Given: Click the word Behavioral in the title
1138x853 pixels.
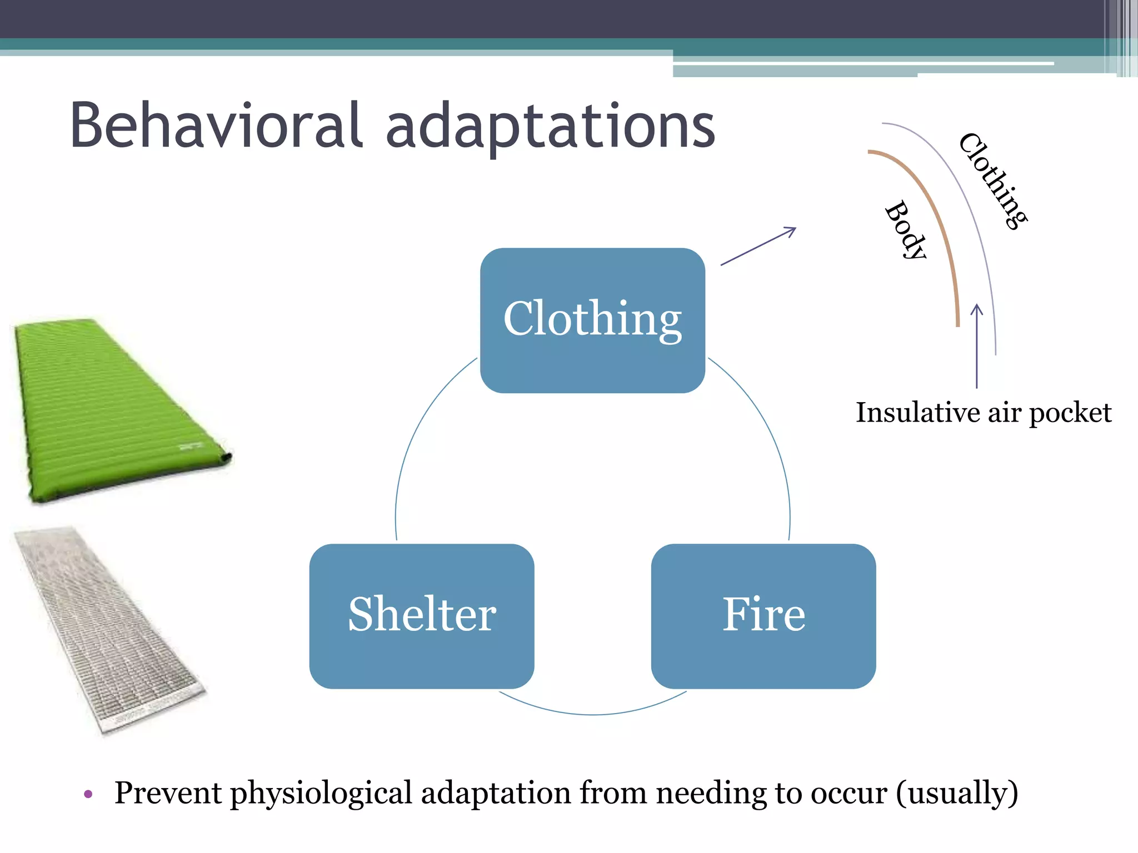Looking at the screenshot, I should [x=217, y=127].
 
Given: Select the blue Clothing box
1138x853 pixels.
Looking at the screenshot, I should [x=592, y=320].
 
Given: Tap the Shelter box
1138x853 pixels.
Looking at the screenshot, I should [x=422, y=616].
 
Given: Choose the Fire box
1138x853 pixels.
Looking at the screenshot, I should [x=763, y=616].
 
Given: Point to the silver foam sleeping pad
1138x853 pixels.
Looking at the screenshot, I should [x=106, y=628].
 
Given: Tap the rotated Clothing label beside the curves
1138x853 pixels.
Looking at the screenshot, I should [x=994, y=180].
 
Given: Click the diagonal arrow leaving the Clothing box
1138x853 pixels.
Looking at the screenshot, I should [x=758, y=246].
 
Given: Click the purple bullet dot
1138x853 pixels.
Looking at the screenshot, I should [x=88, y=794].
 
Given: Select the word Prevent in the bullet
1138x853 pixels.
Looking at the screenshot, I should [x=168, y=793].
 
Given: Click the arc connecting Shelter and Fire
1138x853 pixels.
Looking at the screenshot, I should [x=592, y=714].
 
